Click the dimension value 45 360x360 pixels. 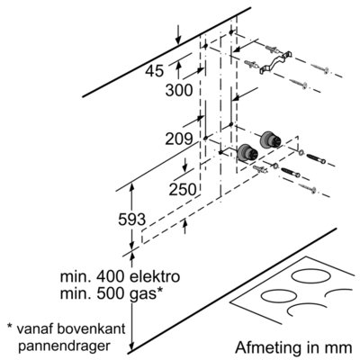point(155,71)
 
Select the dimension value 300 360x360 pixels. point(179,90)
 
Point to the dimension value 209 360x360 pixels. point(179,139)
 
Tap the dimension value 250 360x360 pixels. point(183,189)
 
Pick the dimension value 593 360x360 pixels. point(131,220)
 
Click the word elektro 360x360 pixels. point(154,276)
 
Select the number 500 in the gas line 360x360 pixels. point(111,293)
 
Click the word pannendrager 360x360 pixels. point(64,346)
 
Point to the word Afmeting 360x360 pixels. point(267,347)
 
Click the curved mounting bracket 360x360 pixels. point(275,62)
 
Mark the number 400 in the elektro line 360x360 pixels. point(111,276)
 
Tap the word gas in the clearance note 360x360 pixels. point(142,294)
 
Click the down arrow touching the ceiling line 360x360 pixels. point(178,34)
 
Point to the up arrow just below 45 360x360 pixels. point(179,68)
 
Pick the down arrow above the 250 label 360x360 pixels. point(185,165)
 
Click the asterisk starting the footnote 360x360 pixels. point(9,326)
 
